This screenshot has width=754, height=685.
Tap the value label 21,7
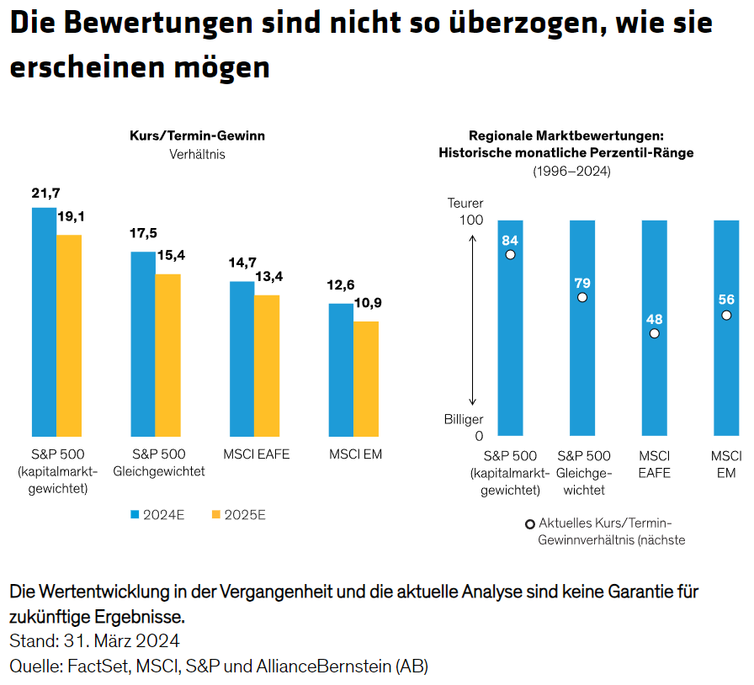45,194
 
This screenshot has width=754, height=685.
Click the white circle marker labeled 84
510,254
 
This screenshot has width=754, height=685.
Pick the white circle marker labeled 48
655,333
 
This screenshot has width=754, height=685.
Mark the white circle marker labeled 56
726,315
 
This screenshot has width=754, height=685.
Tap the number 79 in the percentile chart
581,283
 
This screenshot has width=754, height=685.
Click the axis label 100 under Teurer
471,220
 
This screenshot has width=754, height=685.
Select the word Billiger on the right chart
464,419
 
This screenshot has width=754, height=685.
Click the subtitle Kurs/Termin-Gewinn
197,135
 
